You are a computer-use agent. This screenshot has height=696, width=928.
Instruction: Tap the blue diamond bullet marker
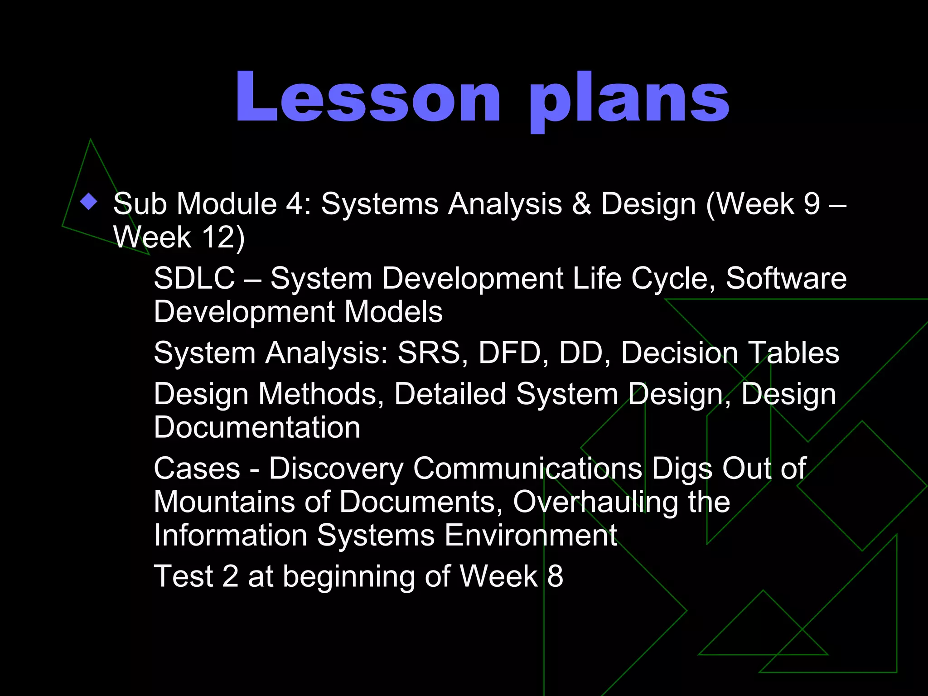[89, 202]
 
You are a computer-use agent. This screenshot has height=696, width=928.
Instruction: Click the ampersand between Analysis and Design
[581, 203]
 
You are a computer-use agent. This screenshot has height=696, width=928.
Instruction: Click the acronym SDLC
[194, 278]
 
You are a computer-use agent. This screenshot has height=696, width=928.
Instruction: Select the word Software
[786, 278]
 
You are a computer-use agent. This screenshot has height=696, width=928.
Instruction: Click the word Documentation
[257, 427]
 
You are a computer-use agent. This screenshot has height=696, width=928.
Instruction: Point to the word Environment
[531, 536]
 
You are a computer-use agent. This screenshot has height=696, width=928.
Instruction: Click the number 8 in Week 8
[555, 576]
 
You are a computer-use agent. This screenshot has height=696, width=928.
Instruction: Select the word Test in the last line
[184, 576]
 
